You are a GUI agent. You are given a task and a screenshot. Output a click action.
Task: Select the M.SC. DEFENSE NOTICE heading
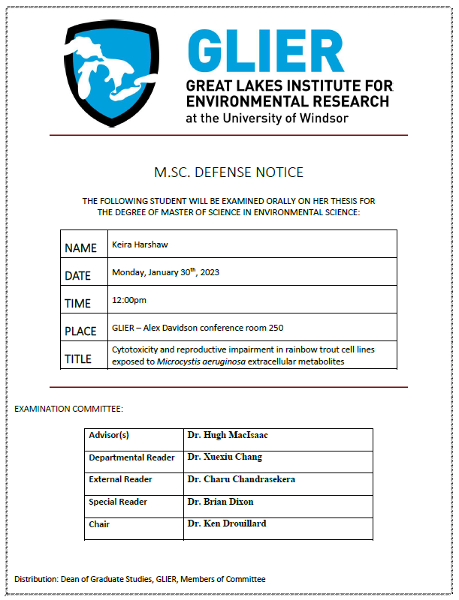(228, 172)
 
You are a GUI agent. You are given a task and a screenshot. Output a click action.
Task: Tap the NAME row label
(81, 248)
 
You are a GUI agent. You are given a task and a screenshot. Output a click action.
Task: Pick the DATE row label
(78, 276)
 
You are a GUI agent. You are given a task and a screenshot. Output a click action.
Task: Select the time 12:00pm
(129, 300)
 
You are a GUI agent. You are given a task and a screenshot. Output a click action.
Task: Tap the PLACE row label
(81, 331)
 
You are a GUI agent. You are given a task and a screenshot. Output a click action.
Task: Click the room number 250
(275, 328)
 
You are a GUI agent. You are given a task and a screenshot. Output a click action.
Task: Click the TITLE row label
(78, 359)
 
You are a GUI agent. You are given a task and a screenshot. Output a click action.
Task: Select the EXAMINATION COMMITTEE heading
(68, 409)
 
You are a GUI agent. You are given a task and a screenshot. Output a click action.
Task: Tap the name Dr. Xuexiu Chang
(225, 457)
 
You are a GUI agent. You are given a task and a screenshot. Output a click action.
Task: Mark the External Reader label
(120, 479)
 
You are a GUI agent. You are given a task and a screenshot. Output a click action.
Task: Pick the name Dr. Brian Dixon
(220, 501)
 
